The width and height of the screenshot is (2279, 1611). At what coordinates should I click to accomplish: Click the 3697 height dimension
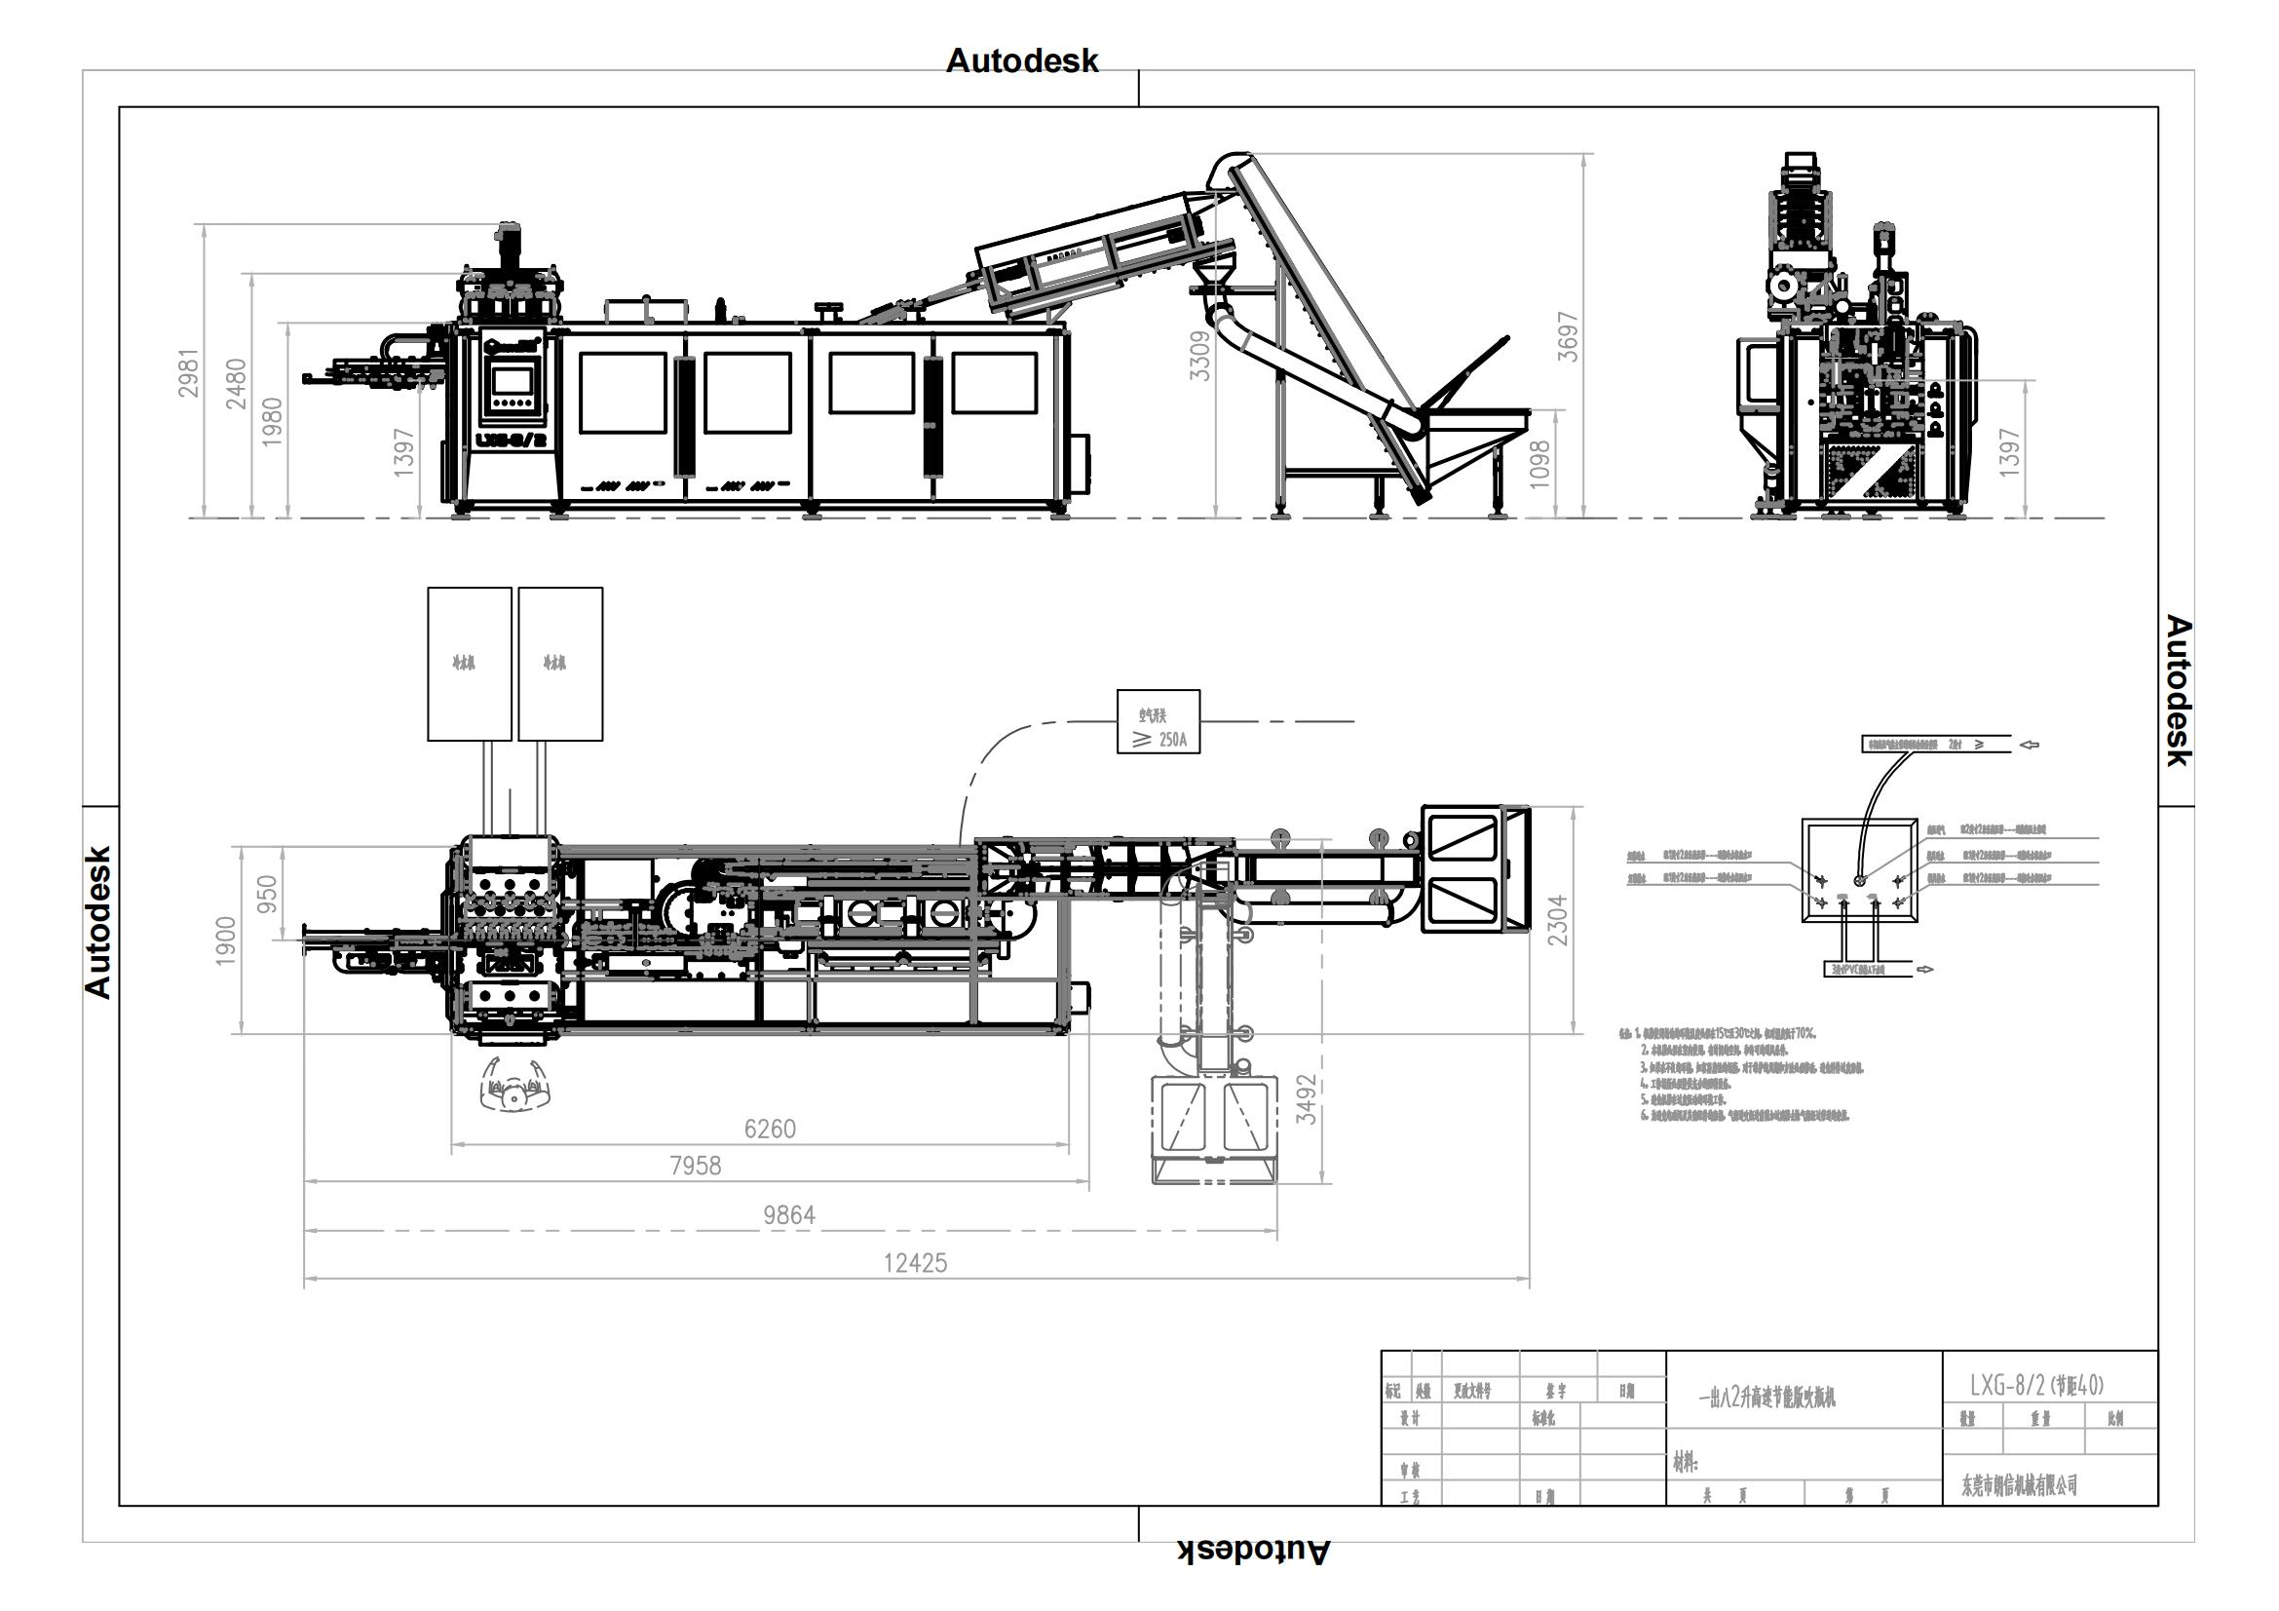[x=1568, y=336]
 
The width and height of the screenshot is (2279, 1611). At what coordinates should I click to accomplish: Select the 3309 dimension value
[x=1201, y=356]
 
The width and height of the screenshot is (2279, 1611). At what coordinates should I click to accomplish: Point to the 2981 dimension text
[x=189, y=372]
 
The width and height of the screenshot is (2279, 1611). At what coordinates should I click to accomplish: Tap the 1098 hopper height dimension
[x=1539, y=463]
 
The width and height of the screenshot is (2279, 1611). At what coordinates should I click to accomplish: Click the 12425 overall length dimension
[x=915, y=1263]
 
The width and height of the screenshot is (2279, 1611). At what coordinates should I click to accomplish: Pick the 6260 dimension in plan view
[x=770, y=1129]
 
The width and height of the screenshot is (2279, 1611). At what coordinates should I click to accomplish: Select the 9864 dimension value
[x=789, y=1215]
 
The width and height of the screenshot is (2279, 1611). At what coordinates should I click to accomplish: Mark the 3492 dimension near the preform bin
[x=1308, y=1099]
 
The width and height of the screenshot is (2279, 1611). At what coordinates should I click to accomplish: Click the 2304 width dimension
[x=1557, y=919]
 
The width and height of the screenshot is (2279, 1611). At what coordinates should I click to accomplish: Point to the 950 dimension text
[x=267, y=896]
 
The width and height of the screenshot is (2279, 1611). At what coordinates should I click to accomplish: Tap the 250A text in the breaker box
[x=1172, y=740]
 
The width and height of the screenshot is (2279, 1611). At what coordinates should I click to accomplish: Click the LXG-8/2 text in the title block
[x=2007, y=1386]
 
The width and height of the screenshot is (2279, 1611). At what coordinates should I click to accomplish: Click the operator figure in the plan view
[x=513, y=1086]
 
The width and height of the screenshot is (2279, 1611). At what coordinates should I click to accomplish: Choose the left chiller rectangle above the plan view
[x=470, y=663]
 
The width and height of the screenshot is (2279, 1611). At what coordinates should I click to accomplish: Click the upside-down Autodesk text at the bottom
[x=1254, y=1551]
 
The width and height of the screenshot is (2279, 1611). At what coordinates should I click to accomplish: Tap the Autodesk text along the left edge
[x=97, y=921]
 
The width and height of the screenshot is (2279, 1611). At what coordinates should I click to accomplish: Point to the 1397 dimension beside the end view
[x=2008, y=451]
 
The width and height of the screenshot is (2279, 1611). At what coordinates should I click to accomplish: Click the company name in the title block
[x=2019, y=1485]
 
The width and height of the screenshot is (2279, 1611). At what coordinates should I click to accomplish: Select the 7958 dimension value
[x=695, y=1166]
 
